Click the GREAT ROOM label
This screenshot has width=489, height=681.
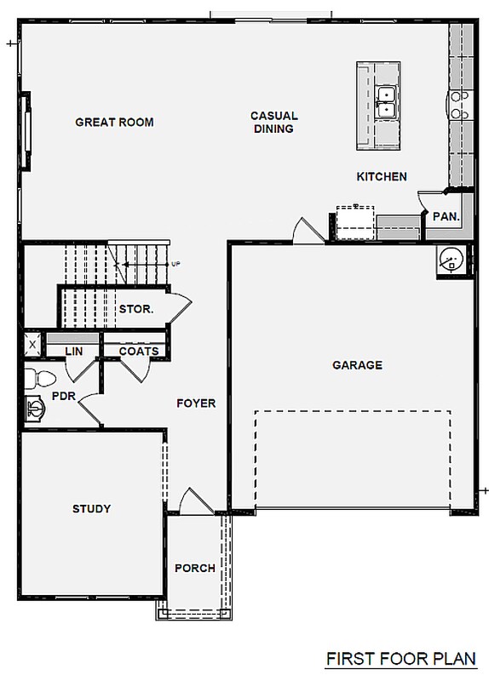[114, 122]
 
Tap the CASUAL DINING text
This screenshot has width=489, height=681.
[273, 122]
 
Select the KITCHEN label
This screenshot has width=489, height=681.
[382, 177]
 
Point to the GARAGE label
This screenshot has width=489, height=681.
[357, 365]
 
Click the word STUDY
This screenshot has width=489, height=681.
[91, 508]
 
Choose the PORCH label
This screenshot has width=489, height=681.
[195, 568]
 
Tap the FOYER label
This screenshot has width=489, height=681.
[196, 403]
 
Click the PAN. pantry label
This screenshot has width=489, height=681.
[446, 216]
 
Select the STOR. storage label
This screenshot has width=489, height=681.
[136, 309]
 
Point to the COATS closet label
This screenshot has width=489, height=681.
[139, 351]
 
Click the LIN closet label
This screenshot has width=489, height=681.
[74, 351]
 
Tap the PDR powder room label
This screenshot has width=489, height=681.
[63, 396]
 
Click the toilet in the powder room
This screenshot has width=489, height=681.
[39, 378]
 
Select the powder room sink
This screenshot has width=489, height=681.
[35, 409]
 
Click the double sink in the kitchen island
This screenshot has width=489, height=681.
[386, 102]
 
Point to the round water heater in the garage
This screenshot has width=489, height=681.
[452, 260]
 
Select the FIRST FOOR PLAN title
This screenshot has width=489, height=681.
[401, 659]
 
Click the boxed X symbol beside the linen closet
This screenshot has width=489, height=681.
[32, 345]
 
